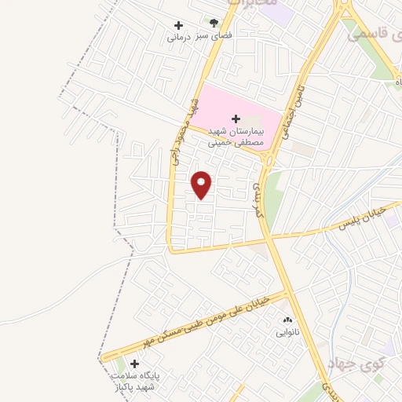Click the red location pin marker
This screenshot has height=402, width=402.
[202, 185]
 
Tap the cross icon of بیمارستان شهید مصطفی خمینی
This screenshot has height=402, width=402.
[236, 119]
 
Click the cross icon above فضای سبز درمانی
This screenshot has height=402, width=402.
[178, 24]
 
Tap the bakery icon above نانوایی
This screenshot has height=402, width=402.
[286, 320]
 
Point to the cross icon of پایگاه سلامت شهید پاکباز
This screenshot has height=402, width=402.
[134, 364]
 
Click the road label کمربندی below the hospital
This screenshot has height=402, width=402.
[257, 200]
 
